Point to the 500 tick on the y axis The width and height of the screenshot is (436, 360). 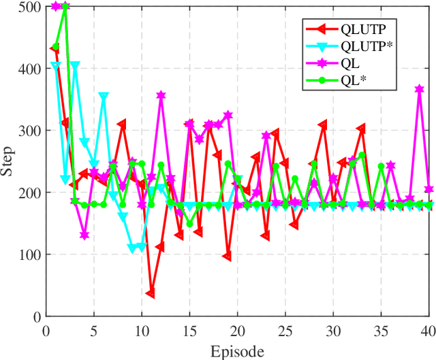[29, 7]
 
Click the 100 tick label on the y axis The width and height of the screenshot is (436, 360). [29, 255]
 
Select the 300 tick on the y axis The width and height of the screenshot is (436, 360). [29, 131]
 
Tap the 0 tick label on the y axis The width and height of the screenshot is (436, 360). [35, 316]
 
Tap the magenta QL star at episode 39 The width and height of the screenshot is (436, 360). [420, 90]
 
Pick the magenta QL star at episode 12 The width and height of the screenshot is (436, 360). [161, 96]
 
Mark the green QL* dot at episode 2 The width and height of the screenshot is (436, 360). [65, 7]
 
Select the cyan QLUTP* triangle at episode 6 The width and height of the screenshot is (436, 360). [104, 97]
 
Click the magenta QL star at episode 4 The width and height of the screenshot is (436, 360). [84, 235]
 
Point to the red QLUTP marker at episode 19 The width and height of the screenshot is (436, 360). [228, 257]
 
